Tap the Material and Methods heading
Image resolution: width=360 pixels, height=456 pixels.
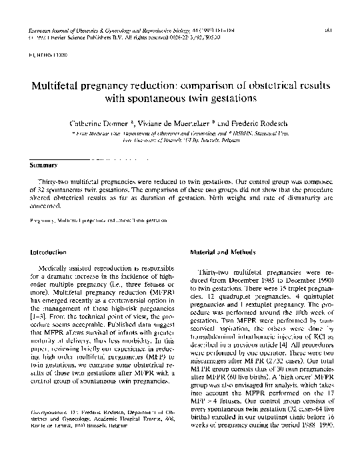pyautogui.click(x=218, y=253)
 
